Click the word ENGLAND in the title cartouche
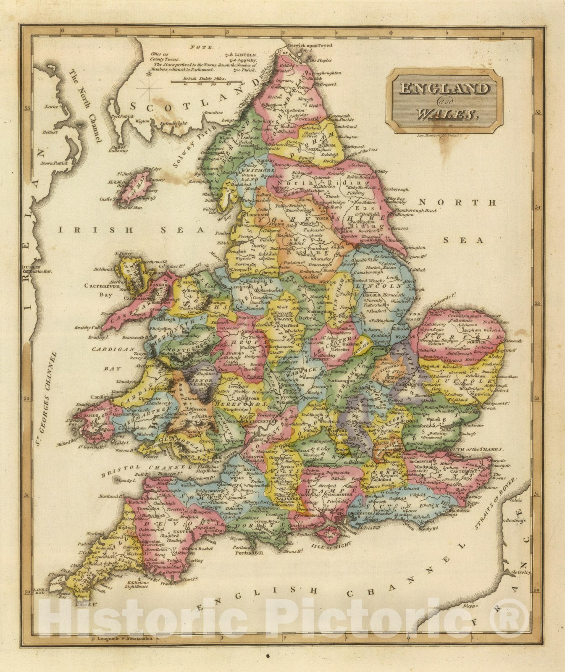(444, 89)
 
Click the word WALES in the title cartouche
(446, 113)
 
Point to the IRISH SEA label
(131, 230)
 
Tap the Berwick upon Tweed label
(309, 45)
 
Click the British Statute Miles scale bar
(207, 81)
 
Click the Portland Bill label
(249, 553)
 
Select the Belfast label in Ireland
(49, 131)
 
